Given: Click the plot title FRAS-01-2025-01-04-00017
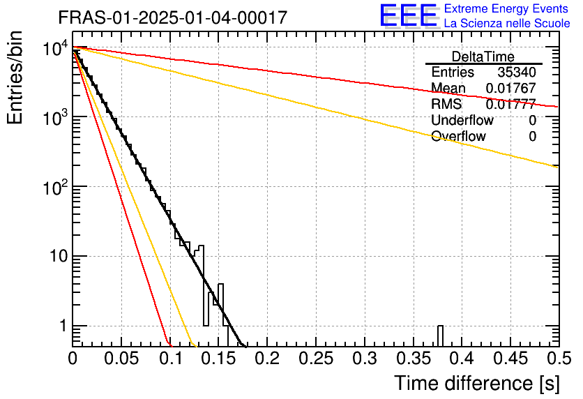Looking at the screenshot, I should tap(172, 17).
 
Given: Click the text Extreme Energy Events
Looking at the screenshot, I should tap(507, 9).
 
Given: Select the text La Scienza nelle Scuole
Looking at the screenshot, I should tap(507, 23).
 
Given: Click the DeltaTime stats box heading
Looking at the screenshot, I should tap(483, 57).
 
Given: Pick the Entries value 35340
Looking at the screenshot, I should tap(517, 73).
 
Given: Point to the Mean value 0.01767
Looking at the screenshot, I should tap(510, 88).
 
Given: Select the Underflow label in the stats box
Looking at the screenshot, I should tap(462, 120).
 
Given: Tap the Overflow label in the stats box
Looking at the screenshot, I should tap(458, 136).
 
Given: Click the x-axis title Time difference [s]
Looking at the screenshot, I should tap(477, 383).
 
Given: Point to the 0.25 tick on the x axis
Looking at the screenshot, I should tap(315, 359).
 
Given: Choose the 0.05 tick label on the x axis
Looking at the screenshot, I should tap(121, 359).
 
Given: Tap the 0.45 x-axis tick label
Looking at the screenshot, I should tap(510, 359).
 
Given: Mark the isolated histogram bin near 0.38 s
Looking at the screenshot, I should tap(440, 336).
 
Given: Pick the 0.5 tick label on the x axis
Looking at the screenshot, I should tap(558, 359).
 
